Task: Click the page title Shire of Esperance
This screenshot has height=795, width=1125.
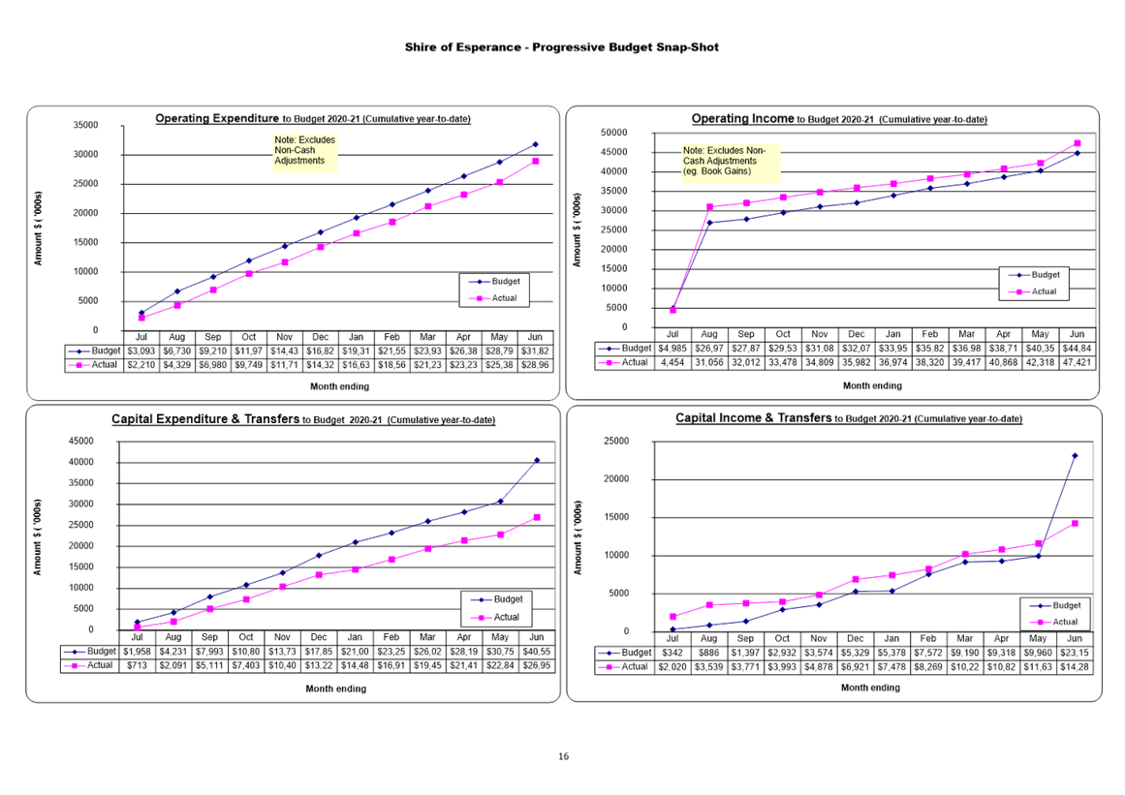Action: tap(562, 47)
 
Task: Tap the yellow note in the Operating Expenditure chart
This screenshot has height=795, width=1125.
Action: tap(304, 153)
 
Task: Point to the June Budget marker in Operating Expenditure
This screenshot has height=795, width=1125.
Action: tap(535, 144)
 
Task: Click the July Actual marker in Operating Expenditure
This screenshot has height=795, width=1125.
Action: tap(141, 318)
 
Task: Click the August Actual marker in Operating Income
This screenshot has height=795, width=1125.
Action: tap(709, 206)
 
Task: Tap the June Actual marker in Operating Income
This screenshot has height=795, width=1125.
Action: tap(1077, 143)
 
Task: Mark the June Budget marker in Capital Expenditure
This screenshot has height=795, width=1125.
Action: tap(536, 461)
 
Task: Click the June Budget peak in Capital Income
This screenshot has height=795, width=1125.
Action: tap(1075, 455)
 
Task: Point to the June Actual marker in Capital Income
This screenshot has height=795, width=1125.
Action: tap(1075, 523)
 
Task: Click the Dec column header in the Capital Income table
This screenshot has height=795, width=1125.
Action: tap(856, 639)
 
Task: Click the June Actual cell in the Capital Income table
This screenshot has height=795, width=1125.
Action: tap(1075, 667)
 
